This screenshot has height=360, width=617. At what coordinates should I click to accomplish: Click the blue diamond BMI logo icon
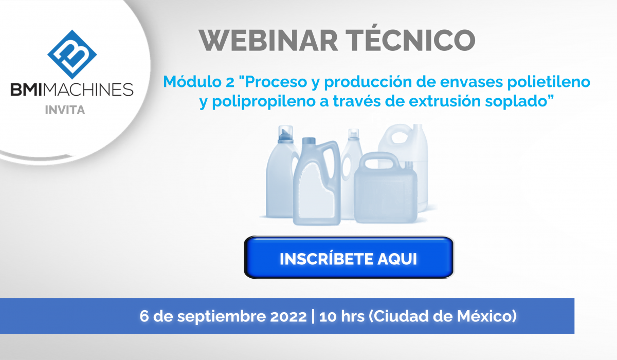pyautogui.click(x=72, y=55)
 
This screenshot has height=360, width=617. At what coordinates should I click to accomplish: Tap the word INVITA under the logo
pyautogui.click(x=65, y=110)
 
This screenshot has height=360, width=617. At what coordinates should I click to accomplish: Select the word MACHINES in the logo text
pyautogui.click(x=88, y=89)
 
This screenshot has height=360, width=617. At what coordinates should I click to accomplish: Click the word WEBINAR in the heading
pyautogui.click(x=268, y=40)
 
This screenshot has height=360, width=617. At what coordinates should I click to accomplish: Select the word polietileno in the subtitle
pyautogui.click(x=549, y=82)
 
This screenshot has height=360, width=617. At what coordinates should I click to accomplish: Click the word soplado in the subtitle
pyautogui.click(x=516, y=101)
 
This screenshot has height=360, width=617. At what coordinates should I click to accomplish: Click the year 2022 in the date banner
pyautogui.click(x=288, y=316)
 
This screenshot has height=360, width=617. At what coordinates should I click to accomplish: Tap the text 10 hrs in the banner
pyautogui.click(x=342, y=316)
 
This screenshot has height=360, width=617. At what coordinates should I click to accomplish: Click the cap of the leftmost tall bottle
pyautogui.click(x=285, y=134)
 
